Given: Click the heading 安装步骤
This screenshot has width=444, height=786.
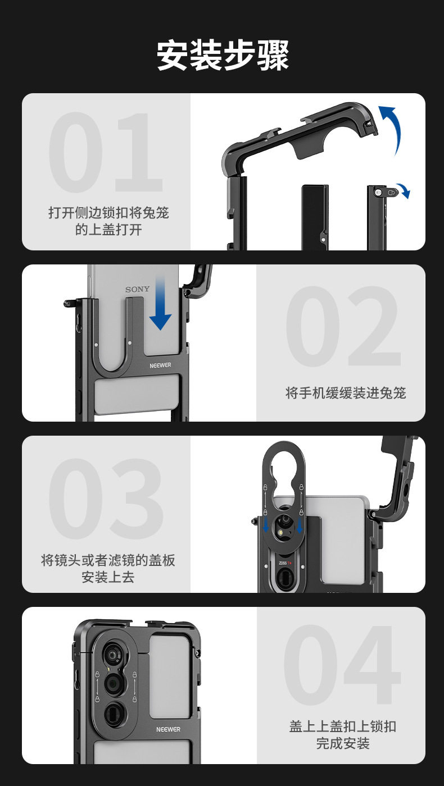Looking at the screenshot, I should (x=223, y=55).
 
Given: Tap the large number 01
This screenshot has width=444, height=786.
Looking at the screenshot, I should (x=105, y=153).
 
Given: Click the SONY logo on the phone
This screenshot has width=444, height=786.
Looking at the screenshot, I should (x=138, y=289).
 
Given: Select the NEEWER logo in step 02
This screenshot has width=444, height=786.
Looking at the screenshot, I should (x=160, y=365).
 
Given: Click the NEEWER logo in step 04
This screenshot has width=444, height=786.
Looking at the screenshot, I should (x=169, y=729).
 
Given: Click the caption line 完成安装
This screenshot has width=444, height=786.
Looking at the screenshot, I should (x=342, y=744).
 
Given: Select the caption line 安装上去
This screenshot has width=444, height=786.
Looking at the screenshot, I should (x=108, y=577).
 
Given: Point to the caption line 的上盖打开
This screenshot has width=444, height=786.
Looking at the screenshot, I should (x=108, y=230).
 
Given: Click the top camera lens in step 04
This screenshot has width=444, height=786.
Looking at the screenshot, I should (x=114, y=656).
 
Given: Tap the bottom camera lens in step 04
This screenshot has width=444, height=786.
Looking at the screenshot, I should (x=114, y=712).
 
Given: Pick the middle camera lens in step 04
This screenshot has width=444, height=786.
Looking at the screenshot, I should (x=114, y=683).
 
